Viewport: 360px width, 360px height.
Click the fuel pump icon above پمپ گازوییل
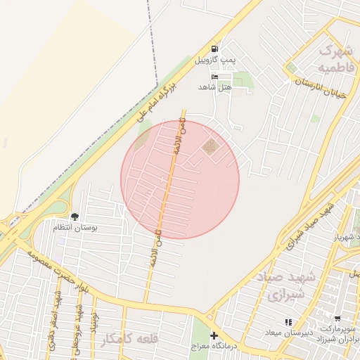point(214,49)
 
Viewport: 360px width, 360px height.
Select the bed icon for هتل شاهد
point(214,77)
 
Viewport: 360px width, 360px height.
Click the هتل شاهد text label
point(215,86)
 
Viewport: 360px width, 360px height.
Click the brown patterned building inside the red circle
point(210,146)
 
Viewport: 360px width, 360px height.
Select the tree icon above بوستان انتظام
point(75,216)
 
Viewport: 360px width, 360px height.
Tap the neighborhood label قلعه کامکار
point(130,339)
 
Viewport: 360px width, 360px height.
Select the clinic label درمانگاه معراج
point(215,347)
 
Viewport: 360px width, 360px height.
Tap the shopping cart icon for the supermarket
point(337,319)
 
